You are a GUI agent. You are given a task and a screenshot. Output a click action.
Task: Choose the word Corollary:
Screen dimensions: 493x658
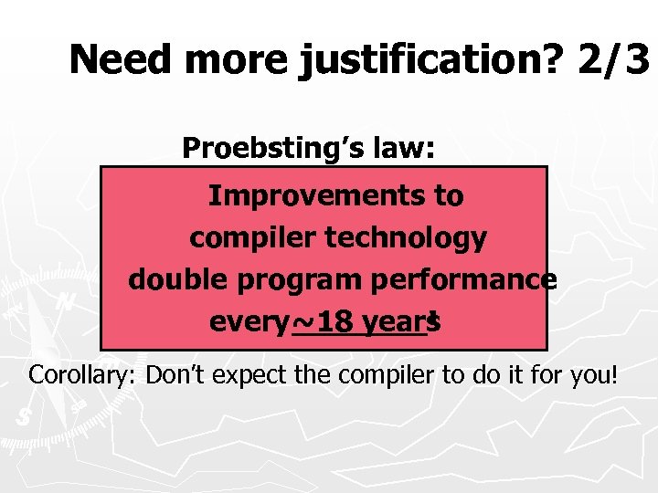click(83, 374)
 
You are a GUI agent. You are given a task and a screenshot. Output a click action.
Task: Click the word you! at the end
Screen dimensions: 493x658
click(595, 374)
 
